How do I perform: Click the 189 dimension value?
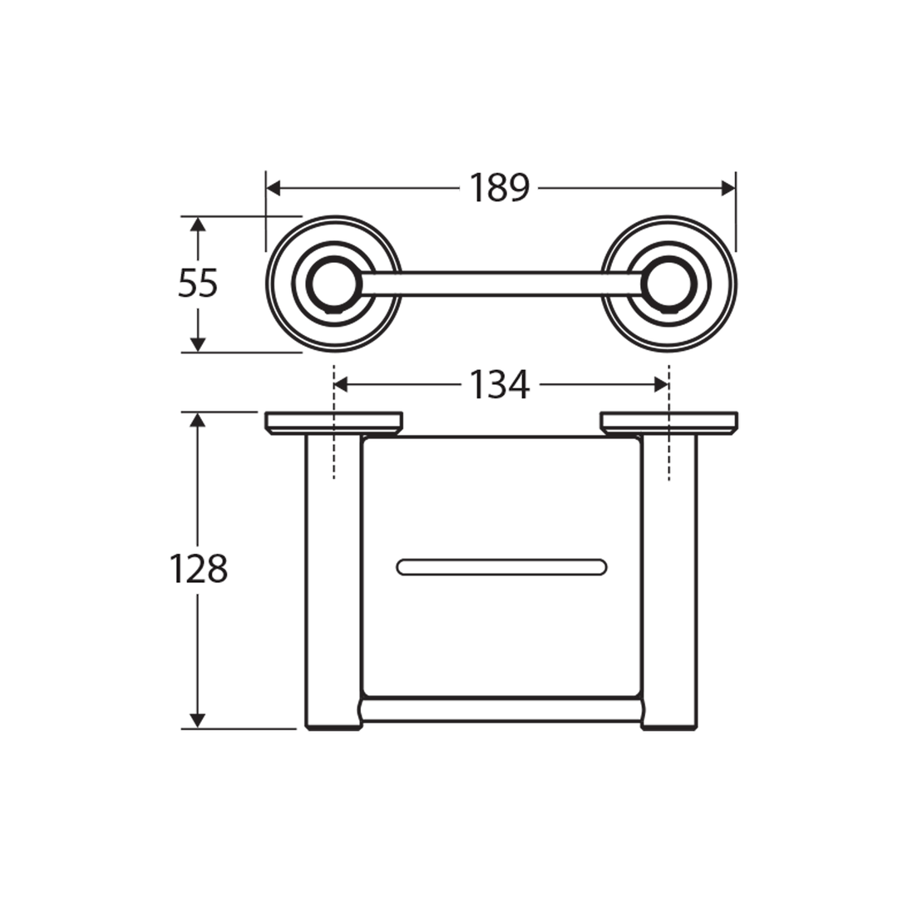click(x=499, y=189)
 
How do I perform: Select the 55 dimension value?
click(x=198, y=284)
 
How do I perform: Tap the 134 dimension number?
click(x=499, y=385)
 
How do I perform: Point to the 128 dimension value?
click(x=198, y=570)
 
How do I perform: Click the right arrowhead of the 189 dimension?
click(x=728, y=189)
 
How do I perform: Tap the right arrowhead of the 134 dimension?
click(x=662, y=384)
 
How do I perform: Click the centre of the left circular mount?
click(x=333, y=284)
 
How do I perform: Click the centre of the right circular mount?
click(x=669, y=284)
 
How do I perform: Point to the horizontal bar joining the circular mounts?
click(x=501, y=284)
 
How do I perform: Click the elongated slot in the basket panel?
click(x=501, y=567)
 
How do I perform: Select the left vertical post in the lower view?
click(x=333, y=582)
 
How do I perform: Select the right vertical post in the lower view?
click(x=669, y=582)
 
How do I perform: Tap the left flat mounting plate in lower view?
click(x=333, y=422)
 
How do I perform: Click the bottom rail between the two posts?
click(x=501, y=710)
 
